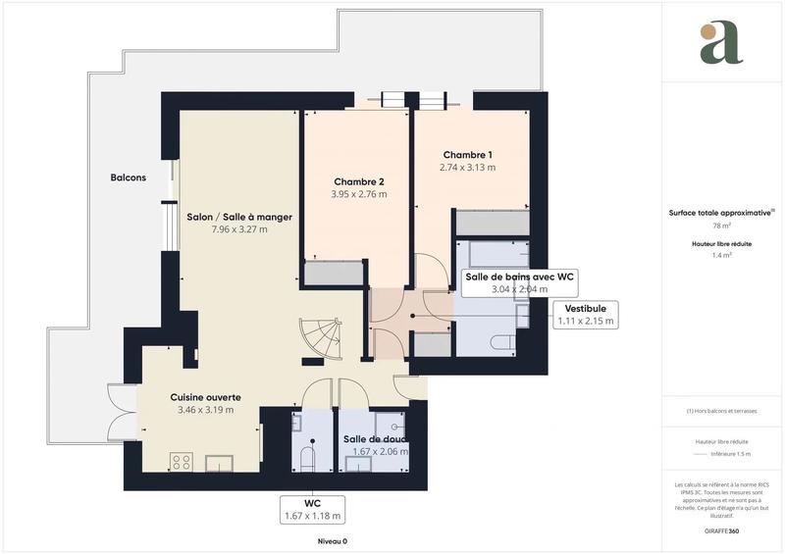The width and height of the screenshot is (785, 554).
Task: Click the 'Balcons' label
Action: click(128, 177)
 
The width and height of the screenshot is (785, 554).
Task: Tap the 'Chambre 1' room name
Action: click(467, 155)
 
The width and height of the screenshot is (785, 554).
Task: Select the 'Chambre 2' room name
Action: click(359, 181)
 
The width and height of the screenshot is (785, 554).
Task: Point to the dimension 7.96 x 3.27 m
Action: click(239, 229)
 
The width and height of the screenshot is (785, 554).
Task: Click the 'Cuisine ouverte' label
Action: click(206, 397)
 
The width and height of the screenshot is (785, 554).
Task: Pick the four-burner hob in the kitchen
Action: click(182, 460)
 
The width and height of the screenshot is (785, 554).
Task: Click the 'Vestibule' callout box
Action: click(586, 314)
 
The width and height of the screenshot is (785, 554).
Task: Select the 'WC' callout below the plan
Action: click(312, 508)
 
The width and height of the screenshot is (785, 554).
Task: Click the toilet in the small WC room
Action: click(305, 458)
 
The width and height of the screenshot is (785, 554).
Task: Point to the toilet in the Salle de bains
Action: click(503, 343)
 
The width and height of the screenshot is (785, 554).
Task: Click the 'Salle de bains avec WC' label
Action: click(518, 277)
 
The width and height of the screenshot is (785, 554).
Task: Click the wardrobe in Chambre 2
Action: click(334, 273)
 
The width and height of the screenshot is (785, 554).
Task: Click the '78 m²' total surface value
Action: click(721, 225)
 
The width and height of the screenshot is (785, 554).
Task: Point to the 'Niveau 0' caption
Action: click(332, 541)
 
